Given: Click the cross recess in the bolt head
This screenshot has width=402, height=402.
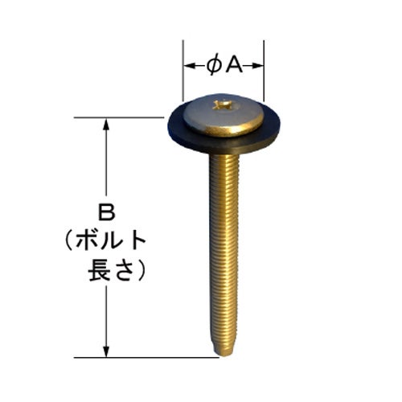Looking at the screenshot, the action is [x=222, y=105].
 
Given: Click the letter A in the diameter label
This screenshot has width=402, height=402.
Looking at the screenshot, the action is [x=234, y=65].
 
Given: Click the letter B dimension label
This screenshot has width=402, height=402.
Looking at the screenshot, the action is [x=106, y=212].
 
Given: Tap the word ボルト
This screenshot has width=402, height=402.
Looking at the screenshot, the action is [x=110, y=240].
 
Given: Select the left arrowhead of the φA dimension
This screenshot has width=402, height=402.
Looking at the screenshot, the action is [x=190, y=66].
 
